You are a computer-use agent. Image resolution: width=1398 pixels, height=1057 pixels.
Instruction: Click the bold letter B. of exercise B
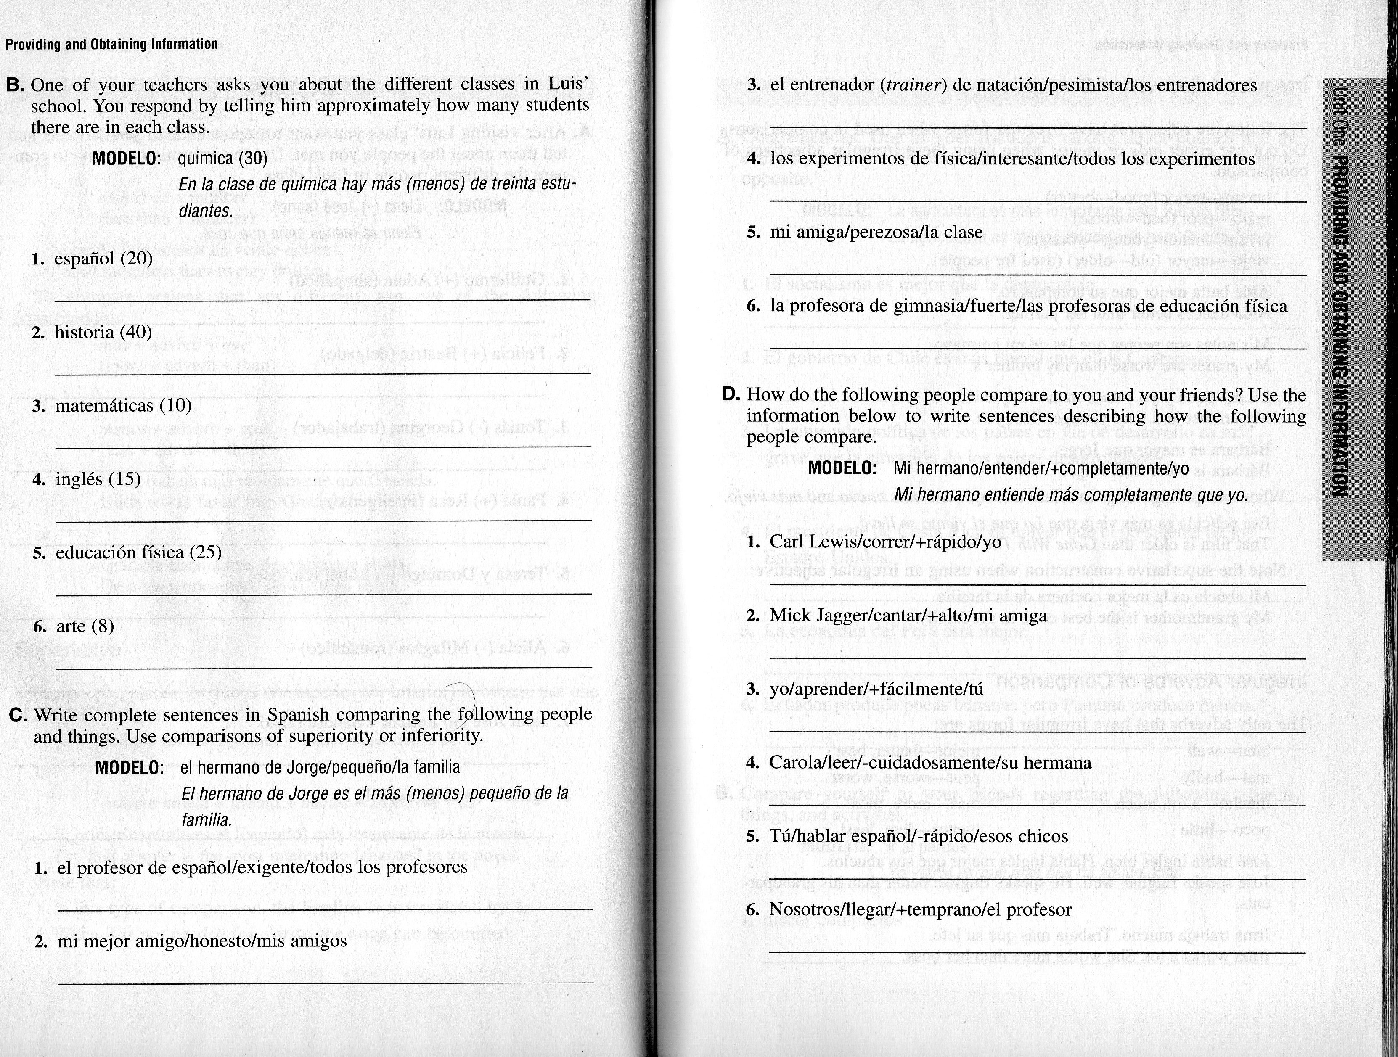(15, 85)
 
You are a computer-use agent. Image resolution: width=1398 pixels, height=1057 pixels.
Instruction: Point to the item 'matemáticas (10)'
(123, 406)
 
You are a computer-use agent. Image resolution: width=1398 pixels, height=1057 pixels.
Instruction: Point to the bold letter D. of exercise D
(731, 395)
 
